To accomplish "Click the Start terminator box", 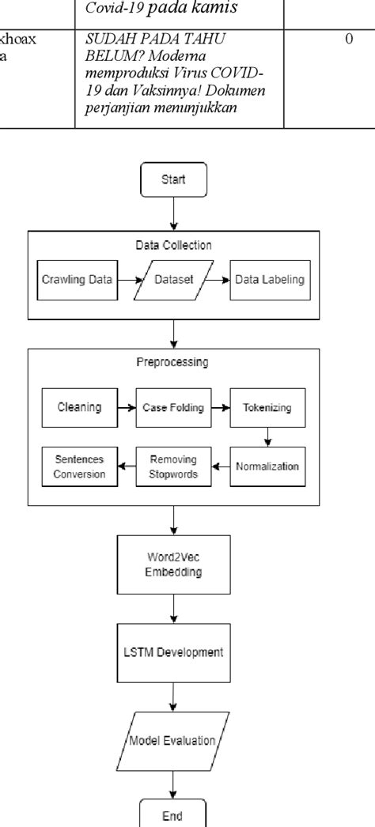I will [x=173, y=179].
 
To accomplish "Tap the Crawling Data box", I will [x=76, y=280].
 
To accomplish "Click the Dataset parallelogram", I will [x=173, y=280].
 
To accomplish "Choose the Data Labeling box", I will [x=269, y=280].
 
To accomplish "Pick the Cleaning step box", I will [x=79, y=408].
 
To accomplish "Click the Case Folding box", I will [x=172, y=408].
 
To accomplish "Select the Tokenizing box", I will [x=267, y=408].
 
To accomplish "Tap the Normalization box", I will [x=267, y=466].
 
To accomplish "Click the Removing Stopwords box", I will [x=172, y=466].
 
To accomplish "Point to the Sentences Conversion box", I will [x=79, y=466].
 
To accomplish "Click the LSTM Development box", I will [x=173, y=652].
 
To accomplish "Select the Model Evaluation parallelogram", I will [x=173, y=741].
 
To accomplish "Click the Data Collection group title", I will [x=173, y=245].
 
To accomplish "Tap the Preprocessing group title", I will [x=173, y=362].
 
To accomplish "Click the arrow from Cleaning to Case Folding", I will [x=126, y=408].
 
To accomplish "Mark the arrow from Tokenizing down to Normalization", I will [x=267, y=436].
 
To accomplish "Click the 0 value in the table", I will [x=348, y=39].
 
